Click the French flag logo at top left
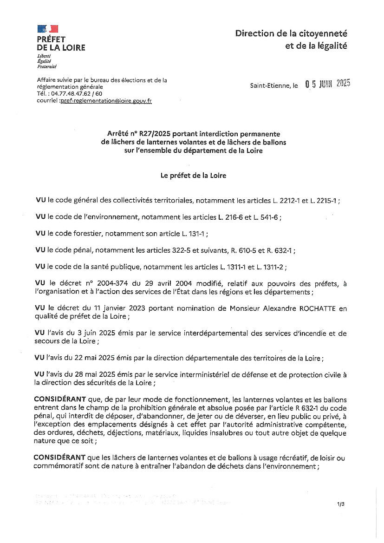tap(47, 29)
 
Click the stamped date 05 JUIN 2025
tap(327, 84)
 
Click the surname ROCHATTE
tap(304, 308)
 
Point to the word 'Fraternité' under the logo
tap(46, 66)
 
